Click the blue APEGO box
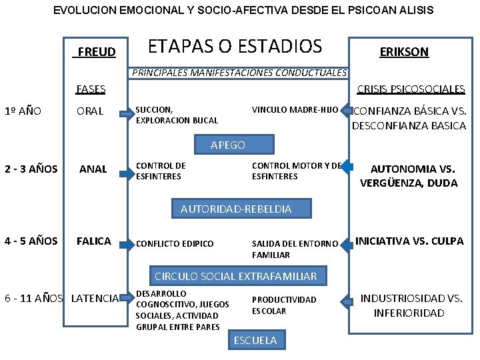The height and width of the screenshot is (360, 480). [x=228, y=145]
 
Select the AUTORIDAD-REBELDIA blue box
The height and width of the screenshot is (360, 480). [x=236, y=209]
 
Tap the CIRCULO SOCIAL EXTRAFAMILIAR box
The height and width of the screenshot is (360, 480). [x=236, y=275]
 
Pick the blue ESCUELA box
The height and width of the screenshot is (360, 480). [x=255, y=340]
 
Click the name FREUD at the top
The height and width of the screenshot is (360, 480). [x=97, y=52]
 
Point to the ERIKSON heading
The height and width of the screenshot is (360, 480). [x=404, y=51]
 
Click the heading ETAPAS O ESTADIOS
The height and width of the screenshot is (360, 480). [x=235, y=46]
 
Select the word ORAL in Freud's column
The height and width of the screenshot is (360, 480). [x=90, y=111]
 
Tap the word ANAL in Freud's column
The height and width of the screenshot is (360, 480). [x=93, y=169]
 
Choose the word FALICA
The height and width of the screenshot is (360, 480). [x=94, y=241]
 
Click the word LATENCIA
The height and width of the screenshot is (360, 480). [x=95, y=297]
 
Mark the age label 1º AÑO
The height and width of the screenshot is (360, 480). [x=23, y=111]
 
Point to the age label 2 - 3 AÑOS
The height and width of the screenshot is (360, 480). [x=31, y=169]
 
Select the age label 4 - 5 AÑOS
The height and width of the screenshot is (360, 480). [x=31, y=241]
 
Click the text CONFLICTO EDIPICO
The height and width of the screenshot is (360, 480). [x=175, y=244]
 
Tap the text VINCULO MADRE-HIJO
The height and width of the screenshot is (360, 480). [x=295, y=109]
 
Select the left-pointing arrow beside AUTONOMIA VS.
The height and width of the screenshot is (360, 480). [x=347, y=167]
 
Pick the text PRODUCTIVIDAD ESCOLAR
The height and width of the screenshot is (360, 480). [x=284, y=305]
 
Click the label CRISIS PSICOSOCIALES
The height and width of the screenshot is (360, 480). [x=411, y=89]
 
